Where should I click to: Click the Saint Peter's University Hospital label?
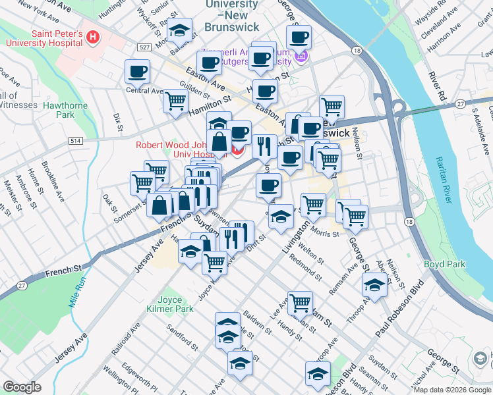[x=44, y=38]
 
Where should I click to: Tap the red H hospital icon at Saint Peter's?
[x=93, y=38]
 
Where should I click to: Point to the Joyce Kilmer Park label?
[x=175, y=303]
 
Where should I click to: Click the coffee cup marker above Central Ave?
[x=137, y=71]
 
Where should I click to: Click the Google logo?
[x=22, y=387]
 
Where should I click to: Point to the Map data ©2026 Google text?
[x=451, y=390]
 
